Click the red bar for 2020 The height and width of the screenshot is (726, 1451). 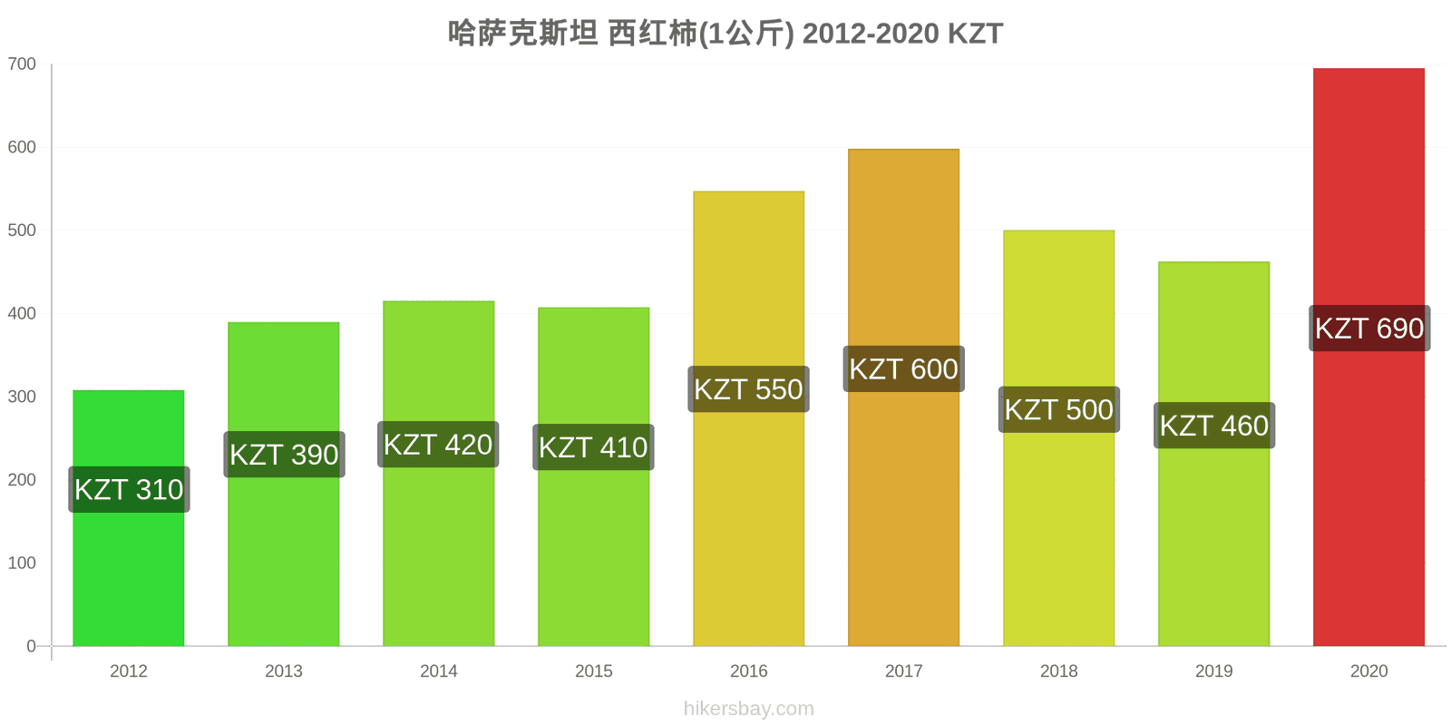point(1368,358)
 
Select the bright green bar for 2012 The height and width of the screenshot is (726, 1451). point(128,518)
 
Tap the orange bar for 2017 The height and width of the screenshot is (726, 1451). point(903,397)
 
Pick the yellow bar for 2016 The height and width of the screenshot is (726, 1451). point(749,418)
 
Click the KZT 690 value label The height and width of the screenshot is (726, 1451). point(1369,328)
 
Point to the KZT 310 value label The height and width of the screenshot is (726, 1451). point(129,489)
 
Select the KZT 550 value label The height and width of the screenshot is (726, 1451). point(749,389)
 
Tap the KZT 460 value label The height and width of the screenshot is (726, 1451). point(1214,426)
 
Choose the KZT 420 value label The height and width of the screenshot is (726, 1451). point(439,444)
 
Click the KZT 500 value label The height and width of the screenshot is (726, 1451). point(1059,409)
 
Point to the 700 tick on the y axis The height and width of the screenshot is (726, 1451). point(22,64)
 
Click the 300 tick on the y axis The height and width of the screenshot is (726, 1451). point(22,397)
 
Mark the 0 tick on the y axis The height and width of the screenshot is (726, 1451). point(31,646)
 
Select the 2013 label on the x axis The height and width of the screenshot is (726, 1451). point(284,671)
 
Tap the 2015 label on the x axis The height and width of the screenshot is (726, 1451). point(593,671)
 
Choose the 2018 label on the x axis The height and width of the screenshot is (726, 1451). point(1059,671)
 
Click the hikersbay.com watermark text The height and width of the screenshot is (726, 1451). point(749,709)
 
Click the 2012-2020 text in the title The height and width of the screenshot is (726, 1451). point(871,34)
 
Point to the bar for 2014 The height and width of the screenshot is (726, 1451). point(439,473)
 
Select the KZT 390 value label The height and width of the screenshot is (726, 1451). point(285,455)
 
